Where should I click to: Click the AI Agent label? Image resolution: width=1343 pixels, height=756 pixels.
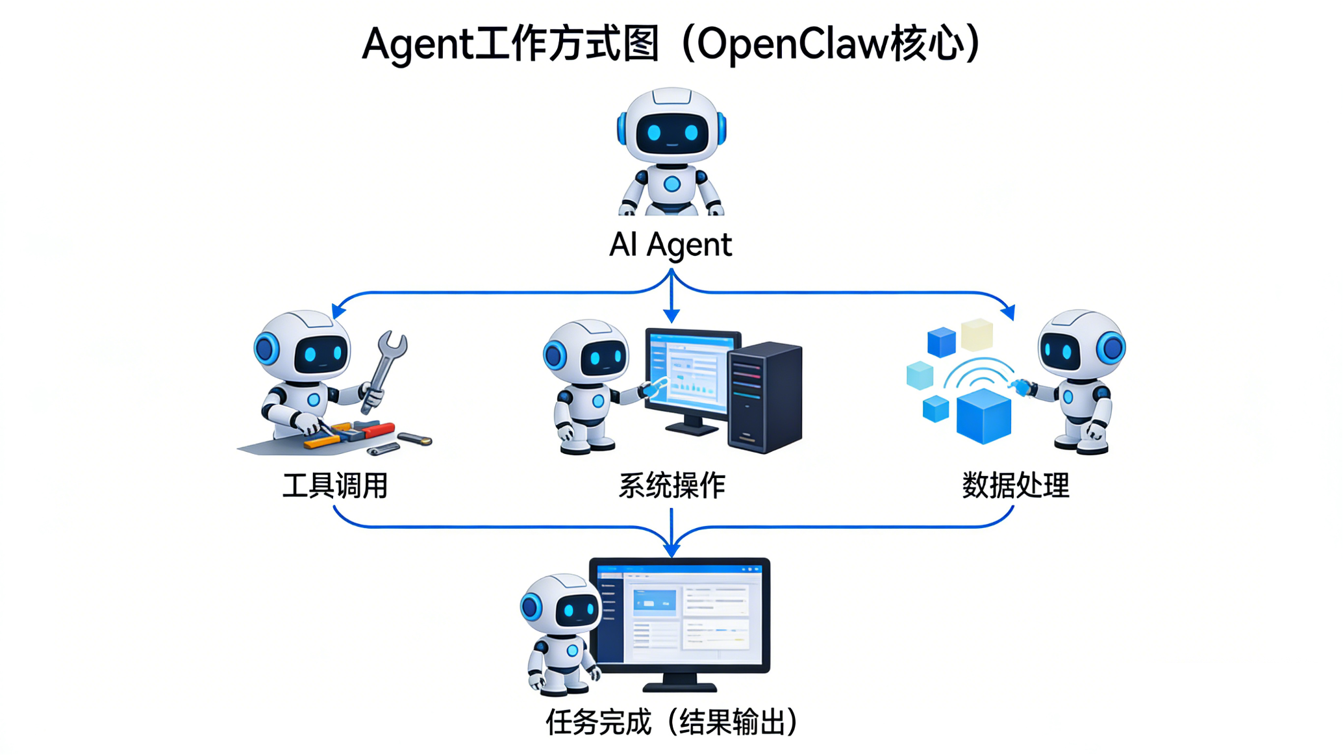point(670,245)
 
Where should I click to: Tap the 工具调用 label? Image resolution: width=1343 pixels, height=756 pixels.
point(335,486)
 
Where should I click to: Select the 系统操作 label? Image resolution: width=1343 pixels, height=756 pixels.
point(671,486)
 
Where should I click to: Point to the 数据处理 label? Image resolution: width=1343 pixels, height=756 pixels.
point(1015,486)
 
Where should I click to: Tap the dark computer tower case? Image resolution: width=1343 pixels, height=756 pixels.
point(765,397)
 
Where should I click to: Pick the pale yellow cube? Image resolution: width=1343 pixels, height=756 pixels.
point(977,334)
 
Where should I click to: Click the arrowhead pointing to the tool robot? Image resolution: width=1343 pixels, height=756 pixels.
point(338,311)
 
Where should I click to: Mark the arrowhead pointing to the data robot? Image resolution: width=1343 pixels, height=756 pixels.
point(1009,312)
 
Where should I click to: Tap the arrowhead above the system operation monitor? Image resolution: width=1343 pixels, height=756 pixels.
point(671,316)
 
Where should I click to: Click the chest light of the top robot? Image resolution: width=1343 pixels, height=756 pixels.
point(672,184)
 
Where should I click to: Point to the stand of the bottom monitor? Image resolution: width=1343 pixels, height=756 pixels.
point(679,683)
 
